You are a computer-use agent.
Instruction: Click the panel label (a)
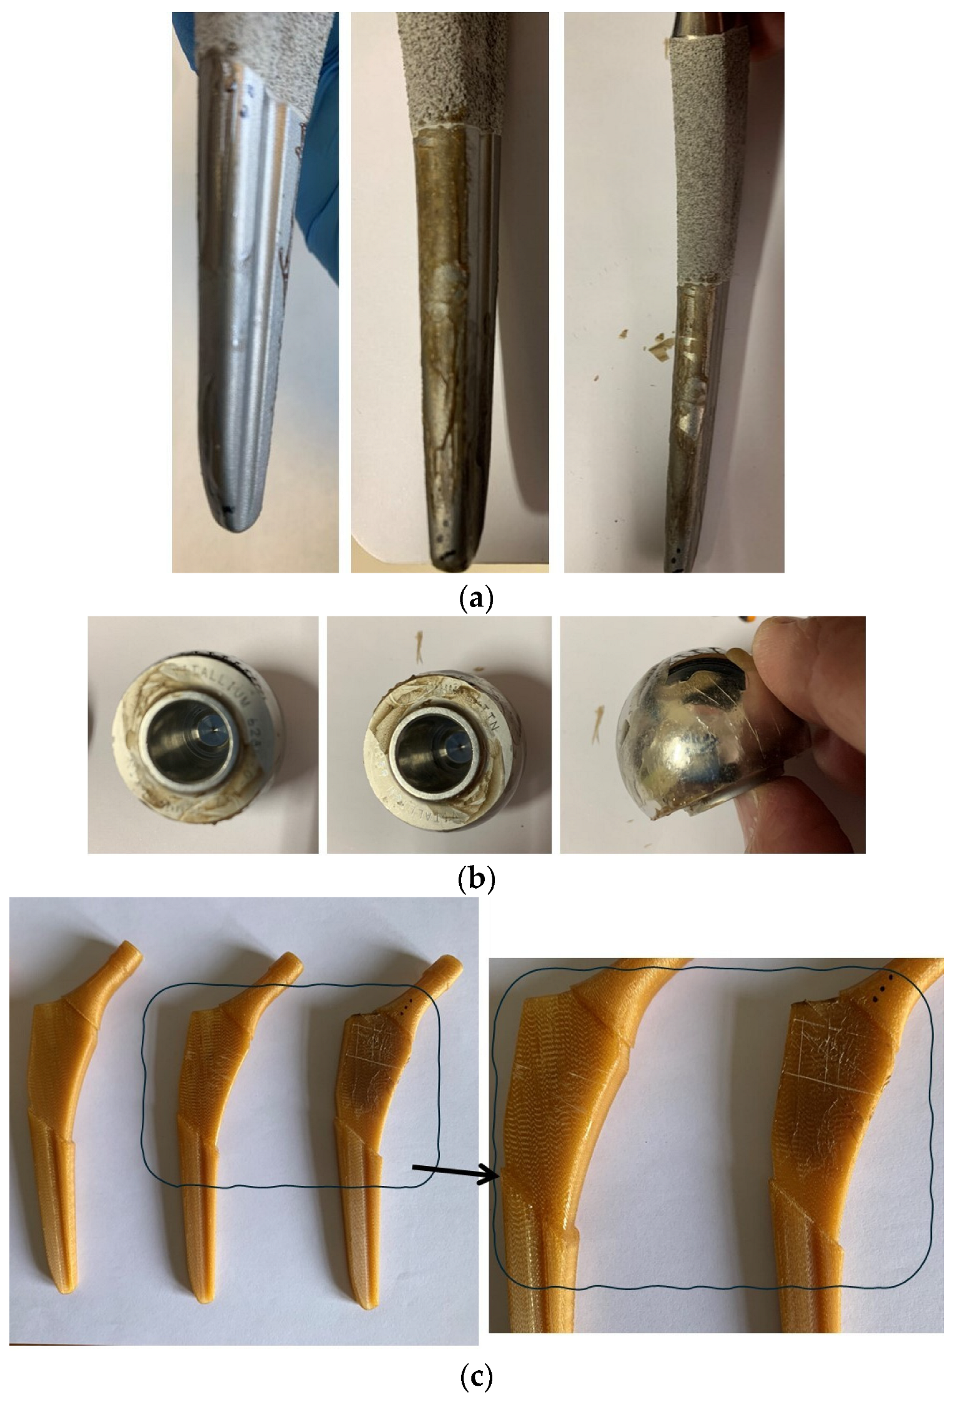point(476,598)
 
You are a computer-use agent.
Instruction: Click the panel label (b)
point(476,878)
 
